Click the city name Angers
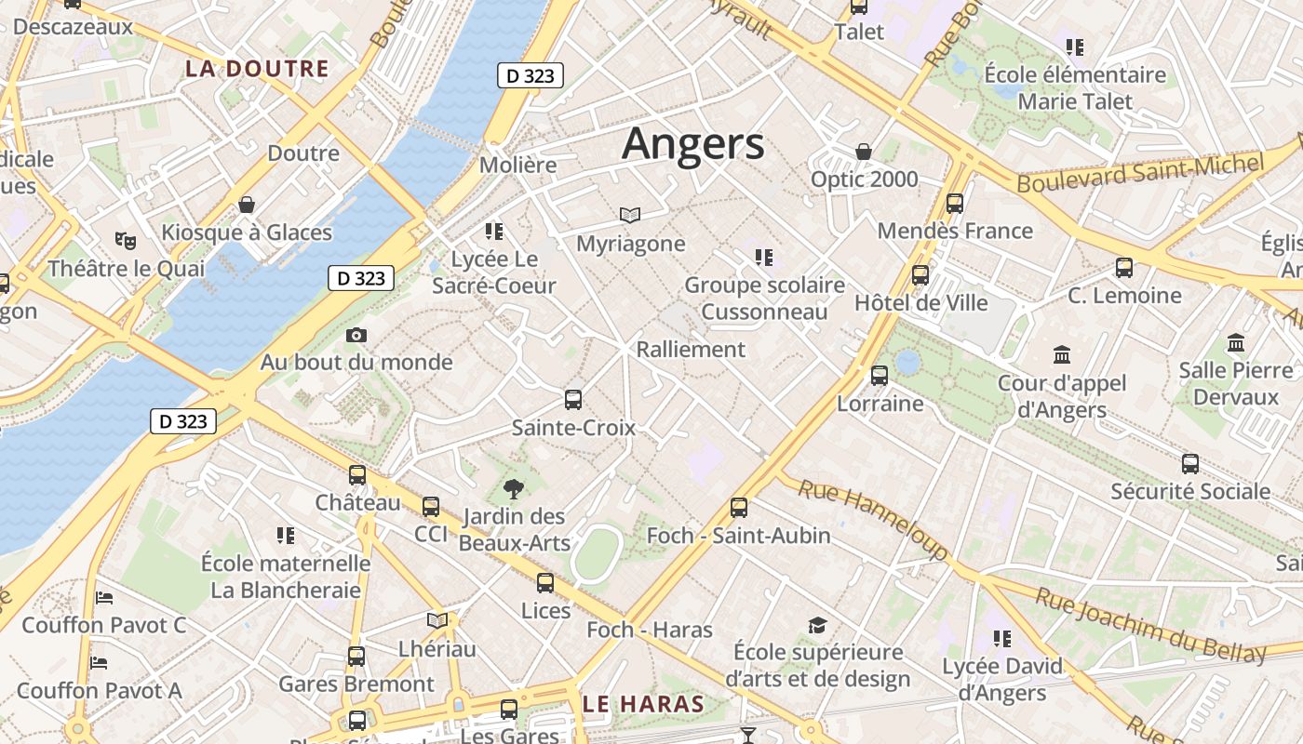click(693, 144)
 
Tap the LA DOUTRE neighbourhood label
click(257, 68)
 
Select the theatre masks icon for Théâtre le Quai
click(126, 241)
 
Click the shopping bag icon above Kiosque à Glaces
click(247, 204)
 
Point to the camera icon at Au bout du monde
click(356, 335)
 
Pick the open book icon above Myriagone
click(630, 216)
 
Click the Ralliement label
click(691, 350)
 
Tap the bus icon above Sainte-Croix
click(573, 400)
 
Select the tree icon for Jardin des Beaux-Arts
click(513, 489)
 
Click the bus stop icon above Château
click(357, 475)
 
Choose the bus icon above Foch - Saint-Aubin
click(739, 507)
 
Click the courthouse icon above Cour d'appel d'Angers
click(1062, 354)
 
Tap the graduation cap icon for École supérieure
click(817, 624)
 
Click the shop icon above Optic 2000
click(864, 152)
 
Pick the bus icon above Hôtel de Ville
click(920, 274)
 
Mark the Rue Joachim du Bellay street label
click(1149, 625)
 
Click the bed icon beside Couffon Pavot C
click(104, 597)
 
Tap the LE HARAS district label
click(643, 704)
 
